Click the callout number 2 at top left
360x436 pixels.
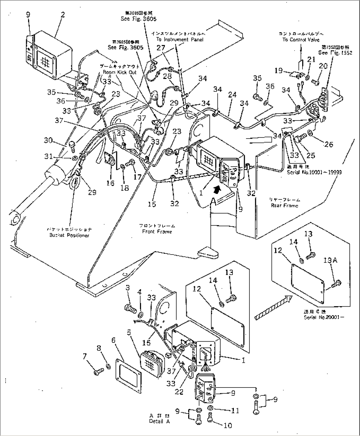tap(62, 15)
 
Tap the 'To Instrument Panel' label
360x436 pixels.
tap(180, 39)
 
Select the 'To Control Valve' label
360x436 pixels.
tap(301, 40)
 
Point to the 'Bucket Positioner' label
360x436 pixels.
tap(69, 235)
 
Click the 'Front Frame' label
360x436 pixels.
tap(157, 231)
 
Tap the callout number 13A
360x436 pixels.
tap(330, 260)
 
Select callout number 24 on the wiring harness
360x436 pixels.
tap(232, 95)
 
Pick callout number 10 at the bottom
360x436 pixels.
tap(228, 425)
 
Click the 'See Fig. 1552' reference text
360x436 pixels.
tap(335, 53)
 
